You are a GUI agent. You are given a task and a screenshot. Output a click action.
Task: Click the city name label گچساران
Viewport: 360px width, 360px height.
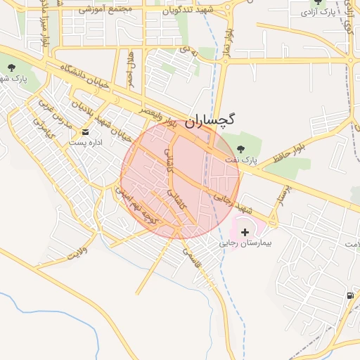click(x=211, y=121)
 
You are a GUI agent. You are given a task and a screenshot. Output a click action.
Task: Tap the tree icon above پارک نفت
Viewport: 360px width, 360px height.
click(x=241, y=149)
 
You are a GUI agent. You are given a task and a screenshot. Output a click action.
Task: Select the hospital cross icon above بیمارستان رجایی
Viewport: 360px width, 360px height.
click(x=245, y=231)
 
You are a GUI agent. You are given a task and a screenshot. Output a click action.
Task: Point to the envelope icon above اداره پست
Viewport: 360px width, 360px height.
click(x=86, y=131)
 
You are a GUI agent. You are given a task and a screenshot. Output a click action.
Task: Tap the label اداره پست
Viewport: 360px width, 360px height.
click(x=86, y=143)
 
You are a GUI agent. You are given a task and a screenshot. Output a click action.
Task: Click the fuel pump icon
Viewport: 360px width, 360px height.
click(x=350, y=295)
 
